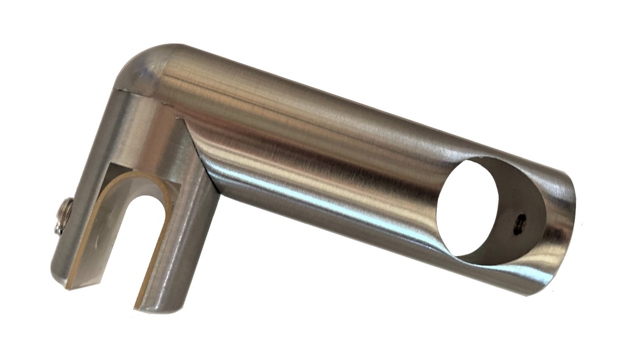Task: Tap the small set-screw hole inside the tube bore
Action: [x=518, y=224]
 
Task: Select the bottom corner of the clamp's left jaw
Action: [x=70, y=283]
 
